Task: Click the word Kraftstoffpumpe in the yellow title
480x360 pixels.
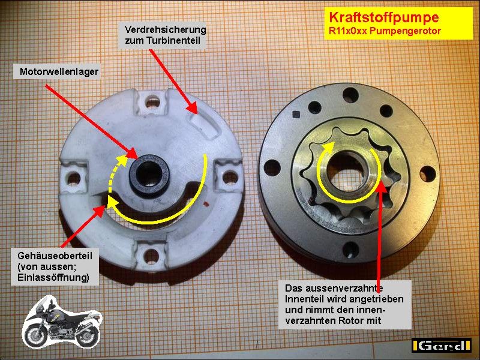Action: point(384,17)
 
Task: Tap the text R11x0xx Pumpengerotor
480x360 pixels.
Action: point(385,31)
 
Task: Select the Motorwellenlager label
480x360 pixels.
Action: point(59,72)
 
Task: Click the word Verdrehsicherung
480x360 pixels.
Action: point(166,29)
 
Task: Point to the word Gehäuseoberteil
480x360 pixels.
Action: point(55,256)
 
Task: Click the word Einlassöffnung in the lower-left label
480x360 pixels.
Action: point(53,278)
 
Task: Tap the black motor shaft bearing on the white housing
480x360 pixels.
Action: point(149,175)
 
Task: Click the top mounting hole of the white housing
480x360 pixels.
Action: point(152,101)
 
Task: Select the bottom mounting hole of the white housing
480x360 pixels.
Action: point(151,257)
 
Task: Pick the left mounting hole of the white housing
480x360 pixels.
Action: point(74,179)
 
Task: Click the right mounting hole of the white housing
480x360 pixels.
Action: point(230,178)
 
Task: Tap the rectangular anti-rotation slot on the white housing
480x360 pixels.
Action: point(203,126)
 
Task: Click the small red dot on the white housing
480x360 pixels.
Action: point(205,203)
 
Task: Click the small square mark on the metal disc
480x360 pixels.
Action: point(296,115)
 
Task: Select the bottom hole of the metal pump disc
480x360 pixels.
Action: point(350,250)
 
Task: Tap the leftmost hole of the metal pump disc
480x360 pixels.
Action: point(272,168)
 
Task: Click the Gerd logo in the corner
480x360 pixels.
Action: point(441,345)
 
